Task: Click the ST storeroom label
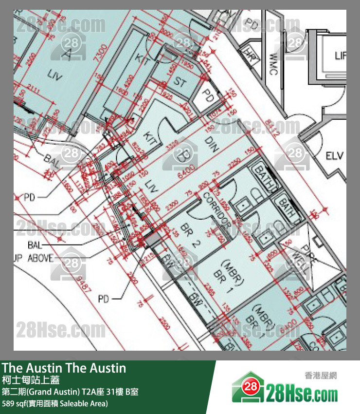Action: [x=180, y=82]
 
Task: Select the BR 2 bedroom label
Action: [x=190, y=236]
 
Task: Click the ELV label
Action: [x=334, y=156]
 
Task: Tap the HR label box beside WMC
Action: [x=251, y=53]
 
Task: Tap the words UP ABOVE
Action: [x=34, y=258]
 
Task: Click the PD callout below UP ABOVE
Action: [x=104, y=299]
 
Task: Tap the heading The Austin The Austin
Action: [x=64, y=368]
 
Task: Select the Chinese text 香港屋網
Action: [x=321, y=375]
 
